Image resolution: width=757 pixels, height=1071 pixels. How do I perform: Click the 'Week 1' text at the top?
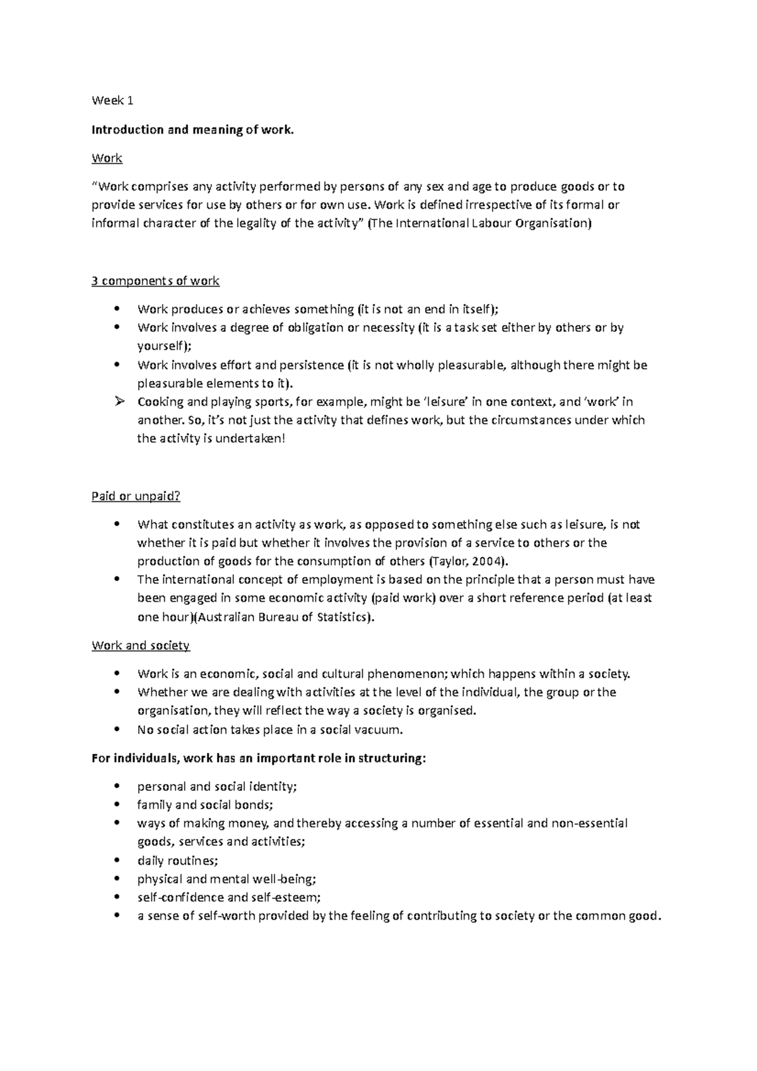tap(112, 100)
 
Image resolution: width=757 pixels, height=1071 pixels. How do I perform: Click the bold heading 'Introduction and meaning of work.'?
tap(192, 130)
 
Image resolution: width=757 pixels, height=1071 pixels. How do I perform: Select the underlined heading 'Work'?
tap(107, 158)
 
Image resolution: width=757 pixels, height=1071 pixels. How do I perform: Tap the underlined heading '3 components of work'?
tap(155, 281)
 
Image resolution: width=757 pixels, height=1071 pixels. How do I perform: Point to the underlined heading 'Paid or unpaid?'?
tap(136, 496)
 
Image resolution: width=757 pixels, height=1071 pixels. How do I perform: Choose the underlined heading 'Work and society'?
tap(141, 646)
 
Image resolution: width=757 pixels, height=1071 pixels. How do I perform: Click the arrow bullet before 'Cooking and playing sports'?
tap(117, 402)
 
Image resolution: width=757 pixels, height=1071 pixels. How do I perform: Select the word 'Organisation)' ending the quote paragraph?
tap(553, 223)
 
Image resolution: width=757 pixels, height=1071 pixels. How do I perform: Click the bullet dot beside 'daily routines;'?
tap(117, 860)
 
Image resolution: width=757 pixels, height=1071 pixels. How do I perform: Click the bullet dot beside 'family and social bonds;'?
tap(117, 805)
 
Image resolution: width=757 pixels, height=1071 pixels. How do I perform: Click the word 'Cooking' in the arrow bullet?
tap(159, 402)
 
